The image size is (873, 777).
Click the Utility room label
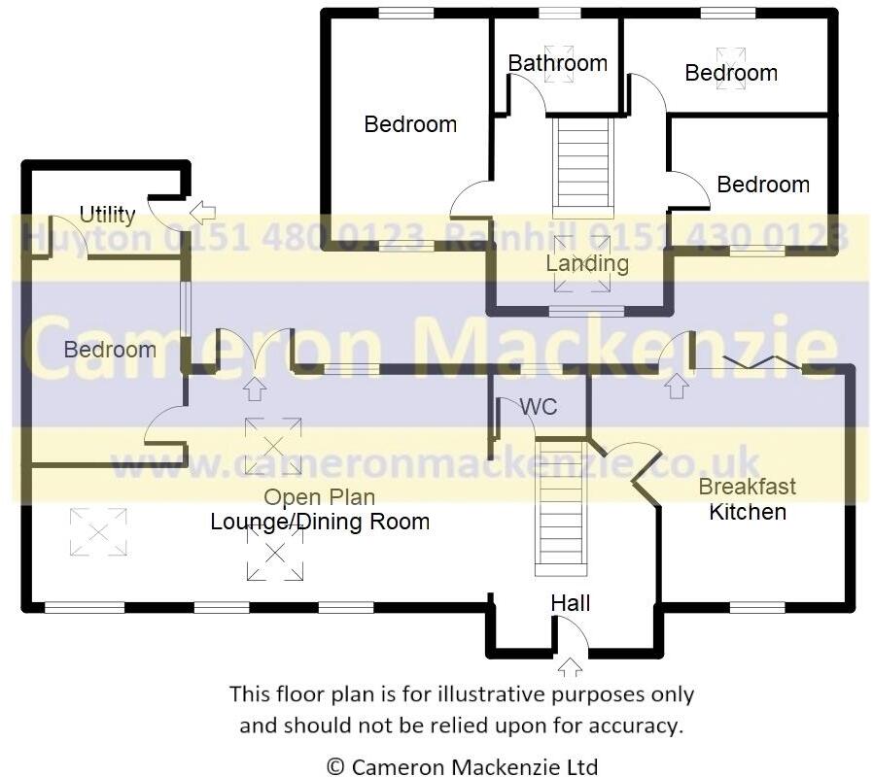107,214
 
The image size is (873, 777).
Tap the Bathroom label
557,63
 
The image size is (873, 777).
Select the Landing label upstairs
587,263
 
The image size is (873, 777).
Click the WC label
539,407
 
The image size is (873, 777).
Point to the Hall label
571,603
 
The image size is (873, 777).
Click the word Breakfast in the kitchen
748,487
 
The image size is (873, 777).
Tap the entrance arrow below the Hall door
571,667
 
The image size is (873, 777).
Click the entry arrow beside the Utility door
203,211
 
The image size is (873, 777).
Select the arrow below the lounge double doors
255,389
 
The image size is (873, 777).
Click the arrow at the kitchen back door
677,387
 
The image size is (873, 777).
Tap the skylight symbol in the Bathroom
559,61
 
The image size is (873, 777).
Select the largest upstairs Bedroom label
410,124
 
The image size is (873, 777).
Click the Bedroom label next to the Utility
110,350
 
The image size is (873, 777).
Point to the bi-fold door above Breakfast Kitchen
763,362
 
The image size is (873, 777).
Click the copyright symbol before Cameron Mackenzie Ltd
335,766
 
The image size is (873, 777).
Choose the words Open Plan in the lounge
320,498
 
